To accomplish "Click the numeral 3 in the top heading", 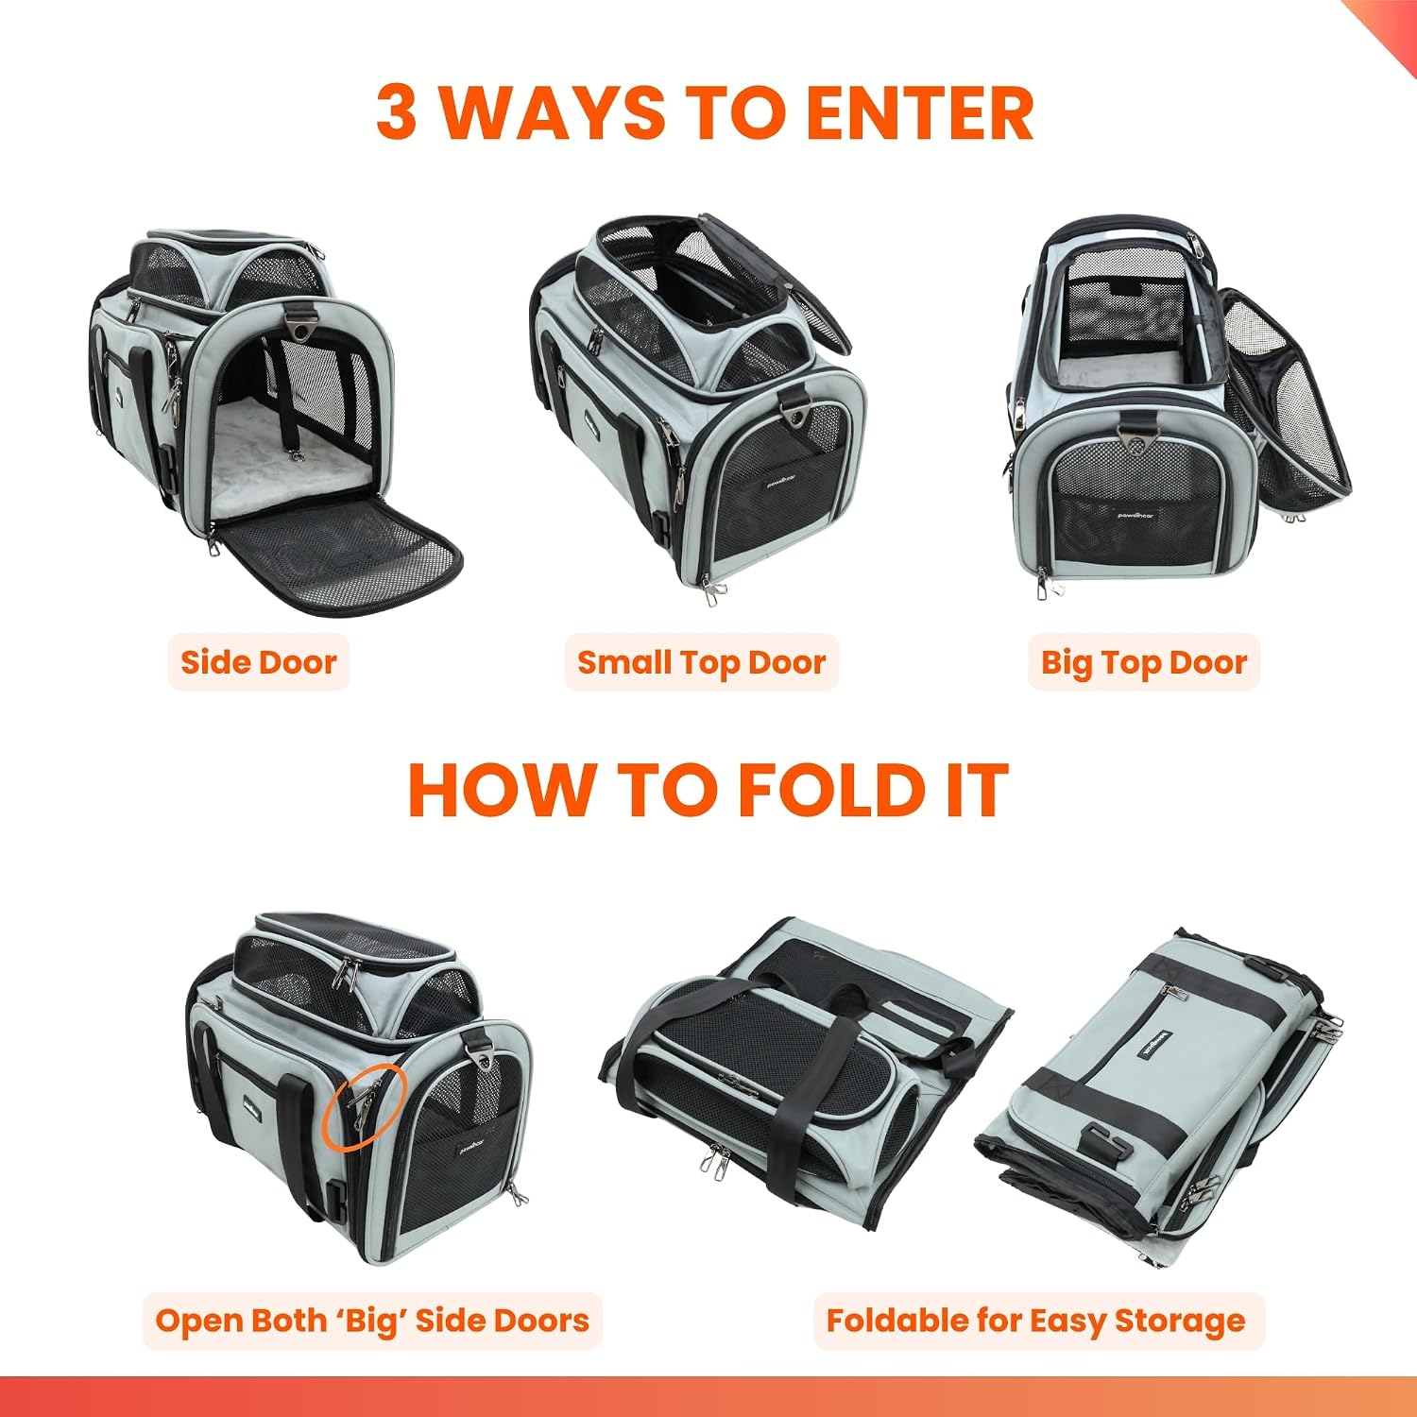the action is pyautogui.click(x=396, y=112).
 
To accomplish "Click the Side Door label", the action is pyautogui.click(x=259, y=661).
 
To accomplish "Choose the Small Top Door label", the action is pyautogui.click(x=701, y=662).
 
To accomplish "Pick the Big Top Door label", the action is pyautogui.click(x=1144, y=662).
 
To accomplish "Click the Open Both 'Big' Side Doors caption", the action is pyautogui.click(x=372, y=1320).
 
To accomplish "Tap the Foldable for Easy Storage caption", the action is pyautogui.click(x=1036, y=1320).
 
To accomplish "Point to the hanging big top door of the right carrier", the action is pyautogui.click(x=1285, y=401).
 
